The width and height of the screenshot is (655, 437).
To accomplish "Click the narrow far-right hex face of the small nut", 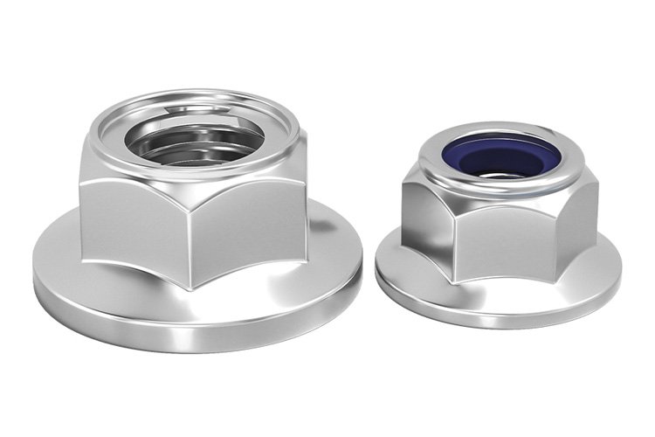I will click(586, 214).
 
